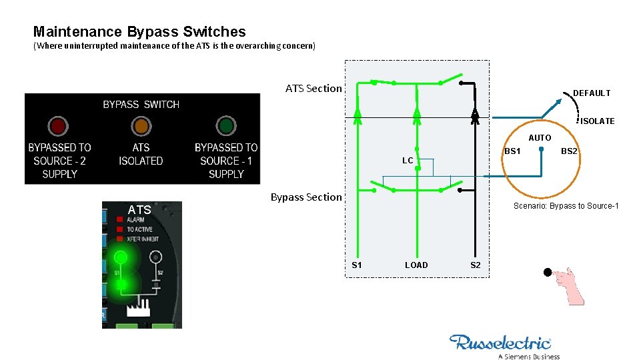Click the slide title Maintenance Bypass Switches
pyautogui.click(x=139, y=31)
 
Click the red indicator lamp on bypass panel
pyautogui.click(x=57, y=125)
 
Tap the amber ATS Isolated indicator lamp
pyautogui.click(x=141, y=125)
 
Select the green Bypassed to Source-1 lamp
pyautogui.click(x=226, y=125)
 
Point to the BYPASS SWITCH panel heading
pyautogui.click(x=141, y=105)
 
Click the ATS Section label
pyautogui.click(x=313, y=88)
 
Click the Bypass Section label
pyautogui.click(x=305, y=197)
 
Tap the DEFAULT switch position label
pyautogui.click(x=592, y=93)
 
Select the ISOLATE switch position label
pyautogui.click(x=597, y=121)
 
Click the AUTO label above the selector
pyautogui.click(x=540, y=138)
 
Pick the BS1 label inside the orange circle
pyautogui.click(x=512, y=152)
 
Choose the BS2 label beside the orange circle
pyautogui.click(x=569, y=152)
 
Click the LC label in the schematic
pyautogui.click(x=407, y=161)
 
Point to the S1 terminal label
pyautogui.click(x=357, y=265)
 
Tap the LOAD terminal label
pyautogui.click(x=416, y=265)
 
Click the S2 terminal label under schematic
pyautogui.click(x=475, y=265)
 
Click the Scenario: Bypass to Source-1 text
pyautogui.click(x=566, y=206)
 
